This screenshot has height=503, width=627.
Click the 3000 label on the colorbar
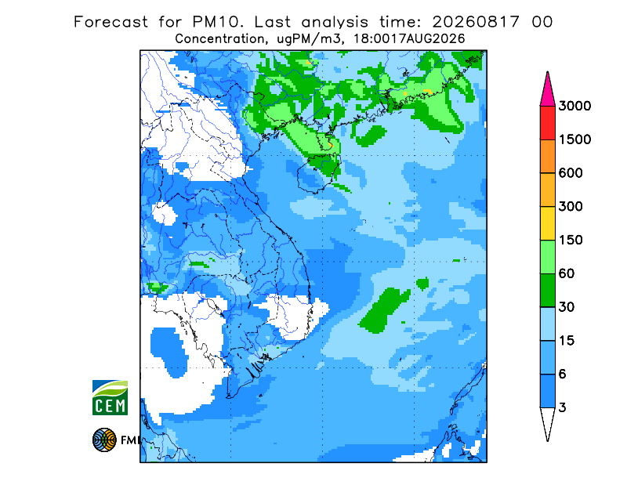point(574,106)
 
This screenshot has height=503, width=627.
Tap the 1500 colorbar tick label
point(574,139)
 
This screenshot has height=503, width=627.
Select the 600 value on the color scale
point(571,173)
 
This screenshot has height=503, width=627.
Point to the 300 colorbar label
point(571,207)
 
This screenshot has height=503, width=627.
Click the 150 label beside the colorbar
point(571,241)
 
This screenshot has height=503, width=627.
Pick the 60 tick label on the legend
point(567,274)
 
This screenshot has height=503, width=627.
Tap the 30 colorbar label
point(567,307)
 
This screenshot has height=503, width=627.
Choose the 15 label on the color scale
point(567,341)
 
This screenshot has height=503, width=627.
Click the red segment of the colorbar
point(547,123)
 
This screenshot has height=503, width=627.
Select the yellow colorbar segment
point(547,223)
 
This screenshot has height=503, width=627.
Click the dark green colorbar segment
point(547,291)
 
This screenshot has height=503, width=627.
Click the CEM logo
point(110,397)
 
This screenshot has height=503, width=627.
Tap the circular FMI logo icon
point(104,440)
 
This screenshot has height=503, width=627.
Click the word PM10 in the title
point(218,22)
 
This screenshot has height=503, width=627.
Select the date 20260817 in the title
point(476,22)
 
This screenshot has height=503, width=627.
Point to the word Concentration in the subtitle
point(219,39)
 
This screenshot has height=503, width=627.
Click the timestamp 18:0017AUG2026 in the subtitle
point(409,39)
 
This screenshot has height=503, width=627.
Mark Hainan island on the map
point(319,174)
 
